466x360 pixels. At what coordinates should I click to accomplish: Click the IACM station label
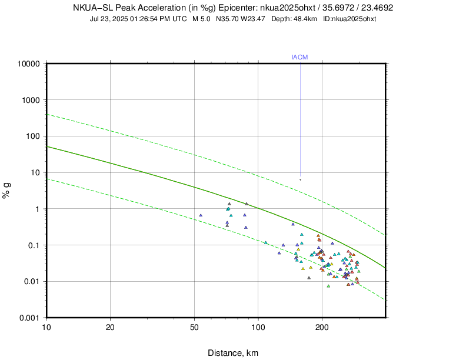tap(299, 57)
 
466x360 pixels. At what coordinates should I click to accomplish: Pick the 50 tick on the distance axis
tap(194, 326)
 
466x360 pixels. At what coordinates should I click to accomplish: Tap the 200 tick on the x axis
tap(322, 326)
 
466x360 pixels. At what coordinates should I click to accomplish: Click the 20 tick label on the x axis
tap(110, 326)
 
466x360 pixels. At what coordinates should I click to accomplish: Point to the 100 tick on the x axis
tap(258, 326)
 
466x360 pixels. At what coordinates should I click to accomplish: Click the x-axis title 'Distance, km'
tap(233, 353)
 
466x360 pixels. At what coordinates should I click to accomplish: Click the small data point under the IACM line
tap(300, 179)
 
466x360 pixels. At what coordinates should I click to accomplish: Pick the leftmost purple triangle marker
tap(201, 215)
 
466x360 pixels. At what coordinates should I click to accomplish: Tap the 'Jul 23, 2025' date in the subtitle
tap(110, 19)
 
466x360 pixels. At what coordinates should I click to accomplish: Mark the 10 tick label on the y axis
tap(35, 172)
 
